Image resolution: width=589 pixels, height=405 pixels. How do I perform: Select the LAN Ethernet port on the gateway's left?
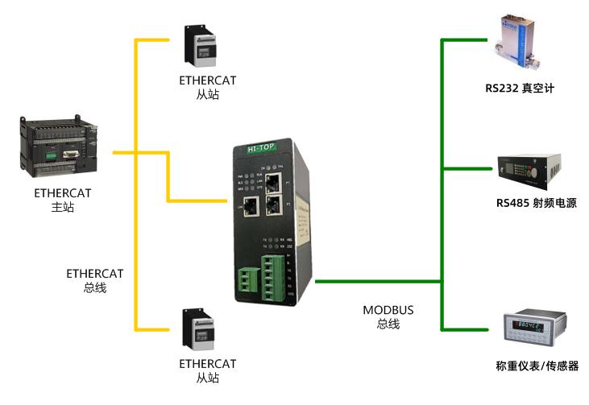(x=250, y=205)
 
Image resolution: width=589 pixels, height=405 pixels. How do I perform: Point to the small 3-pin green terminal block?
(x=244, y=278)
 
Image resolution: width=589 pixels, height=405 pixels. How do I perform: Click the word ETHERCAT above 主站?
(x=62, y=193)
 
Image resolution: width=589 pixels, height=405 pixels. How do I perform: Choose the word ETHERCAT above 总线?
(x=94, y=274)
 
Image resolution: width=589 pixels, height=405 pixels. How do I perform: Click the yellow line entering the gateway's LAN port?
(x=201, y=200)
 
